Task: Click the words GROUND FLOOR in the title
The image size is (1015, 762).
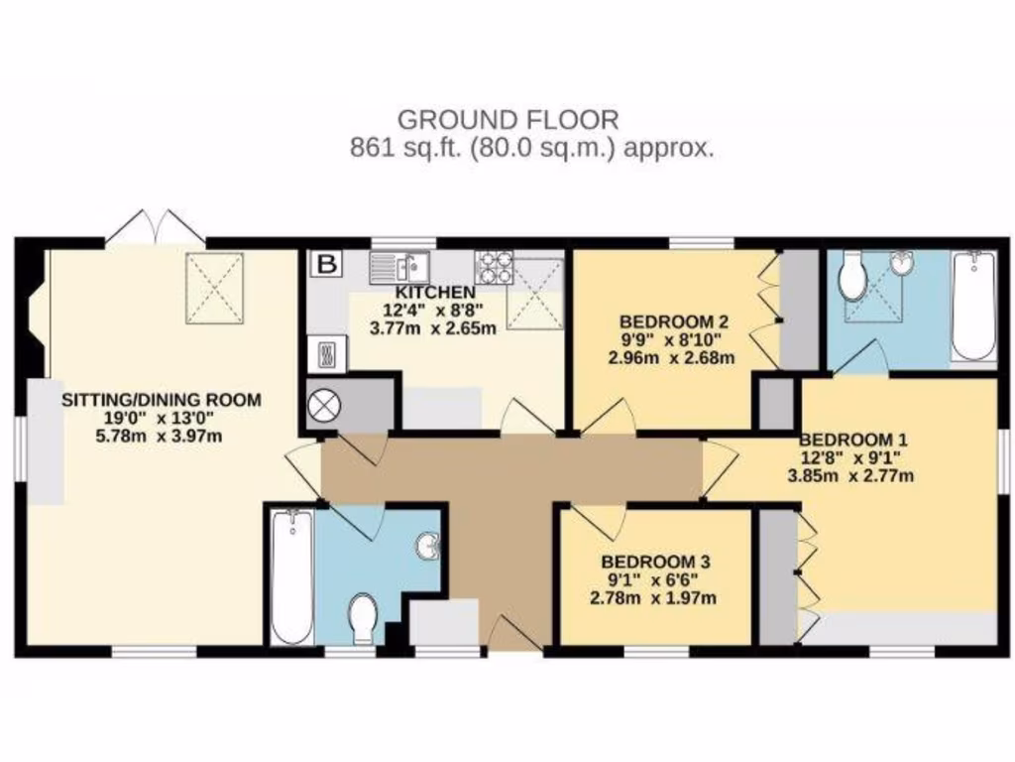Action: coord(507,120)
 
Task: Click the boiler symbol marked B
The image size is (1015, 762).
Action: coord(325,264)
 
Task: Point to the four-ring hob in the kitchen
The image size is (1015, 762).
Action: coord(494,266)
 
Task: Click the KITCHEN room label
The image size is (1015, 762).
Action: coord(435,293)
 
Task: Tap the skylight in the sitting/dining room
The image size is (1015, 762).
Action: coord(214,287)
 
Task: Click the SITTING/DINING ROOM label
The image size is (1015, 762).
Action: coord(162,401)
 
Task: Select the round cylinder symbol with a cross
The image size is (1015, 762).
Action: coord(325,406)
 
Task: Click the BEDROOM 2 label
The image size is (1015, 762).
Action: coord(674,321)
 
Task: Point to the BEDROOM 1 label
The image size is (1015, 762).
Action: coord(853,440)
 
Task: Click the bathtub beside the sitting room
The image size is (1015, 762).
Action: coord(291,575)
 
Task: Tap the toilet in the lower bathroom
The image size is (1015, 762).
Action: coord(364,617)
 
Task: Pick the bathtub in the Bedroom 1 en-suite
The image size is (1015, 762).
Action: coord(972,307)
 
